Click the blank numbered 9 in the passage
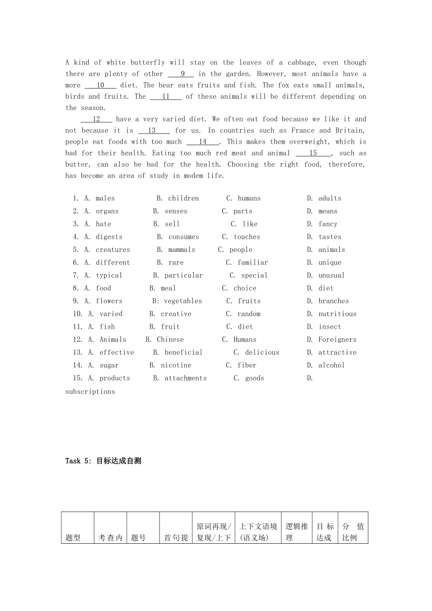click(181, 74)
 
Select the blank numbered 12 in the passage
click(96, 119)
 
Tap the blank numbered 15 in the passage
click(313, 153)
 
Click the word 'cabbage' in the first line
click(301, 62)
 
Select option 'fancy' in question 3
click(328, 224)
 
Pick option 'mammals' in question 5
click(182, 250)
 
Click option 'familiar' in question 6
click(253, 262)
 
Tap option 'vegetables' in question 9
click(183, 301)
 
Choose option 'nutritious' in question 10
click(337, 314)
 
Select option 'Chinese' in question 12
click(171, 340)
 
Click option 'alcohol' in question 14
click(332, 365)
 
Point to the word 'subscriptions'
click(90, 391)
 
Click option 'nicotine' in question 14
click(176, 365)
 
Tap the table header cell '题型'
click(73, 537)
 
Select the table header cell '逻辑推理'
click(297, 532)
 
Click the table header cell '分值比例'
click(353, 532)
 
